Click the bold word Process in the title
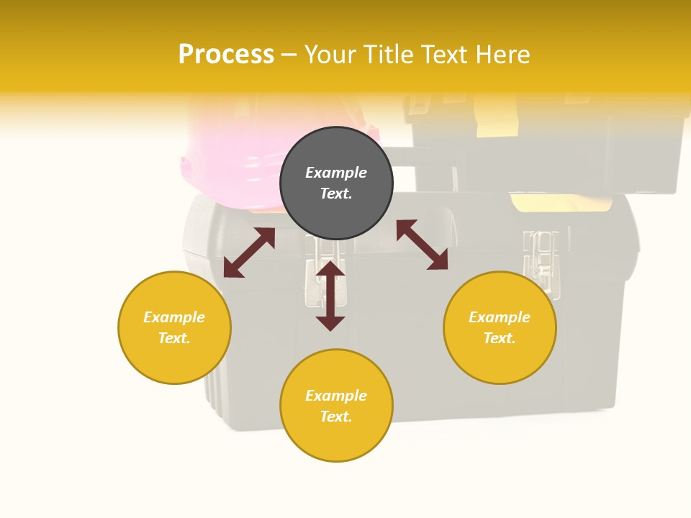coord(226,55)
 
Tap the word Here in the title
coord(502,55)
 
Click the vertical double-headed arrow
coord(330,296)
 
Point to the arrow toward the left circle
coord(249,253)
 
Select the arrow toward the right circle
coord(422,245)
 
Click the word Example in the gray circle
coord(336,173)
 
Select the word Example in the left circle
coord(174,317)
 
